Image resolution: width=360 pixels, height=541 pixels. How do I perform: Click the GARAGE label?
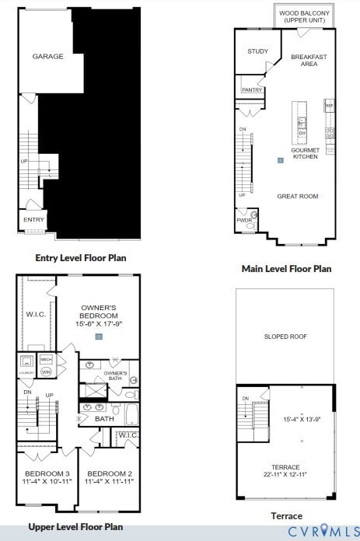pyautogui.click(x=47, y=57)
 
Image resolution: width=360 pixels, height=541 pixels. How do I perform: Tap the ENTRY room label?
pyautogui.click(x=33, y=220)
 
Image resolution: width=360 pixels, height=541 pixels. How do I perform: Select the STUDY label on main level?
pyautogui.click(x=257, y=51)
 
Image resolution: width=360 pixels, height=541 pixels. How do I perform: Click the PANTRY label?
pyautogui.click(x=252, y=90)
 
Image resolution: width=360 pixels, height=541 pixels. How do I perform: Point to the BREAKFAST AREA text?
pyautogui.click(x=309, y=60)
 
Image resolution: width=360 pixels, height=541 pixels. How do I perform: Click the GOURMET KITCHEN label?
pyautogui.click(x=305, y=153)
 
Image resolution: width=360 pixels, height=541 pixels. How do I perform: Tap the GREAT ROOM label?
pyautogui.click(x=298, y=197)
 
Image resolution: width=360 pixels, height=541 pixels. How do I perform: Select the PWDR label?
pyautogui.click(x=244, y=220)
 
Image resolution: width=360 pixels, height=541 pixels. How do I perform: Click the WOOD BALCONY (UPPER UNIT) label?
pyautogui.click(x=304, y=16)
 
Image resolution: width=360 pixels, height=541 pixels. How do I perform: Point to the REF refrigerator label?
pyautogui.click(x=330, y=106)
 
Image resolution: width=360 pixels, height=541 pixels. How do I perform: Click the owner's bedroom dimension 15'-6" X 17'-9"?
pyautogui.click(x=98, y=324)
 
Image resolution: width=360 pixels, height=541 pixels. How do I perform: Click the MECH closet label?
pyautogui.click(x=46, y=359)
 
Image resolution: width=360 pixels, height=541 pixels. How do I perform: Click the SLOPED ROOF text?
pyautogui.click(x=285, y=337)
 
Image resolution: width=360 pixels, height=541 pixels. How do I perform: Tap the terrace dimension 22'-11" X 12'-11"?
pyautogui.click(x=285, y=474)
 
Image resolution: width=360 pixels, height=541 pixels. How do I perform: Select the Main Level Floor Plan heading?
pyautogui.click(x=286, y=269)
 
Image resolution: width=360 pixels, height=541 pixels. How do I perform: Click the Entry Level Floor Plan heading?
pyautogui.click(x=81, y=257)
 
